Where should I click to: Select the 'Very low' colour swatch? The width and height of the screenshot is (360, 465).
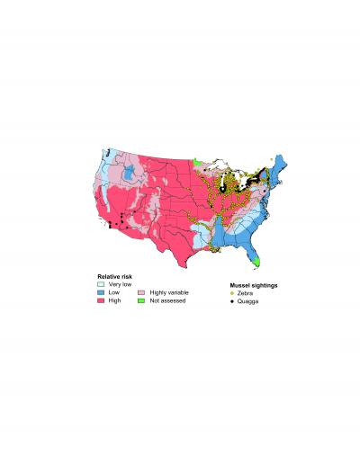pos(101,284)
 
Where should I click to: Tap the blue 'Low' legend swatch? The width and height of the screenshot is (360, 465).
pos(101,292)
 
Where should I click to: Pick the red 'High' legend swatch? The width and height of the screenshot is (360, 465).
pos(101,300)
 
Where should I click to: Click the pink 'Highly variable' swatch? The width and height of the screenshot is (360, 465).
pos(142,292)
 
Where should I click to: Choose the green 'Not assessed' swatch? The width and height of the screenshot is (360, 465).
pos(142,300)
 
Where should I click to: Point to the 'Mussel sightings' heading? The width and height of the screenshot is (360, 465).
pos(253,285)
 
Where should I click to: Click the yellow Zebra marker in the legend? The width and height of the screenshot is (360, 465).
pos(232,293)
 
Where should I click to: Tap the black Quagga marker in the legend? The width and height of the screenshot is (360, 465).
pos(232,301)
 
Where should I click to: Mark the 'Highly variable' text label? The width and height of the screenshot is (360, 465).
pos(167,292)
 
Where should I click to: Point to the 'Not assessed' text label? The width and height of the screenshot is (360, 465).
pos(166,300)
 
